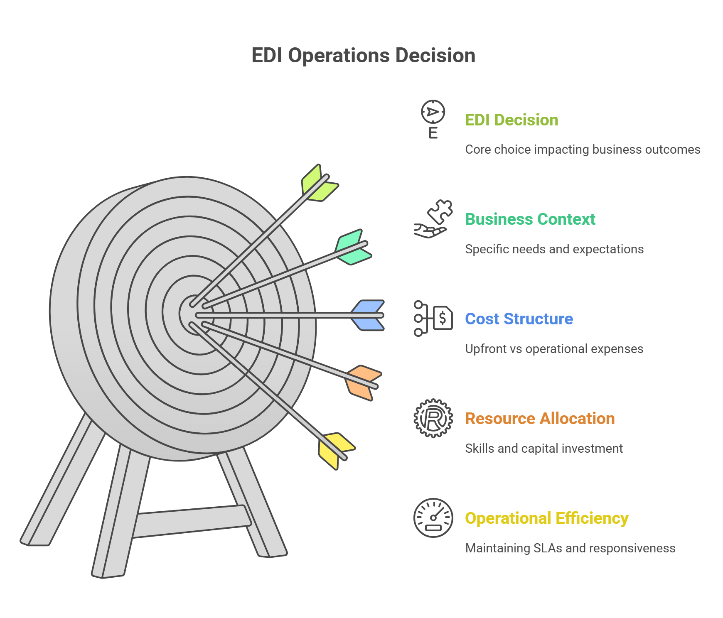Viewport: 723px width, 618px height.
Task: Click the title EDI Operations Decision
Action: (x=363, y=56)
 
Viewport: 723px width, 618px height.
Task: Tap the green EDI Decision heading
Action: (x=512, y=120)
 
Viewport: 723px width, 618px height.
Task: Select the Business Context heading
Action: (x=530, y=219)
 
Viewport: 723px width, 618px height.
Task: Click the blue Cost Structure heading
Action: (x=519, y=319)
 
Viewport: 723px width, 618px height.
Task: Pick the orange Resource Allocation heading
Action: (x=540, y=419)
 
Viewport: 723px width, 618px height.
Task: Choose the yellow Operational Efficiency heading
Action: (x=546, y=518)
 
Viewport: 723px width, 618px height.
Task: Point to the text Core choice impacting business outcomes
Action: (x=583, y=150)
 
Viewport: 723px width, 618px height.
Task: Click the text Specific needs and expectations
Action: (x=554, y=249)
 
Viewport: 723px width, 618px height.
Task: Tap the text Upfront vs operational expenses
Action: (x=554, y=349)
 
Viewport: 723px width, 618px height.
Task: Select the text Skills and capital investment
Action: (x=543, y=449)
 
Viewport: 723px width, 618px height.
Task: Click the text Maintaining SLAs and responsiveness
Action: (x=570, y=548)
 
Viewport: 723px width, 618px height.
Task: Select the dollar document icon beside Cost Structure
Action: (x=433, y=319)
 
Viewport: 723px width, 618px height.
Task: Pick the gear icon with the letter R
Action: (x=433, y=418)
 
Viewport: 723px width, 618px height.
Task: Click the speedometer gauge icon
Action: (x=433, y=518)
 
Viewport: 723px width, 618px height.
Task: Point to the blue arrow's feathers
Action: (x=368, y=316)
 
